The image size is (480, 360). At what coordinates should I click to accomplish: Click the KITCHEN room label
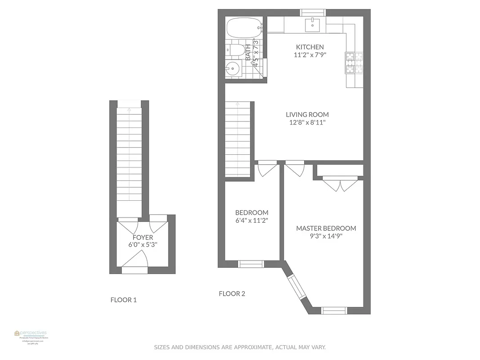point(310,47)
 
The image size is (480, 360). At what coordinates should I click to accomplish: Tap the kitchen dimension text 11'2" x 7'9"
point(310,55)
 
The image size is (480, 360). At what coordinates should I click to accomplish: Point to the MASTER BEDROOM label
point(326,228)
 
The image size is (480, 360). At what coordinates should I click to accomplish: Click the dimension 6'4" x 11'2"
point(251,220)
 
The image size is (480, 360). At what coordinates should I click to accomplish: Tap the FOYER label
point(143,237)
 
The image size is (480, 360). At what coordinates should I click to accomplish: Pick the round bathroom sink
point(233,69)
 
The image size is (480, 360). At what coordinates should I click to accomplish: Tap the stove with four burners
point(354,63)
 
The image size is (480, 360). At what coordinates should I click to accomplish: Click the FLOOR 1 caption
point(124,300)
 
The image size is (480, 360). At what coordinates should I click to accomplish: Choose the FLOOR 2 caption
point(232,294)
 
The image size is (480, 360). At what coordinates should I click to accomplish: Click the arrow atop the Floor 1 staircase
point(130,109)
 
